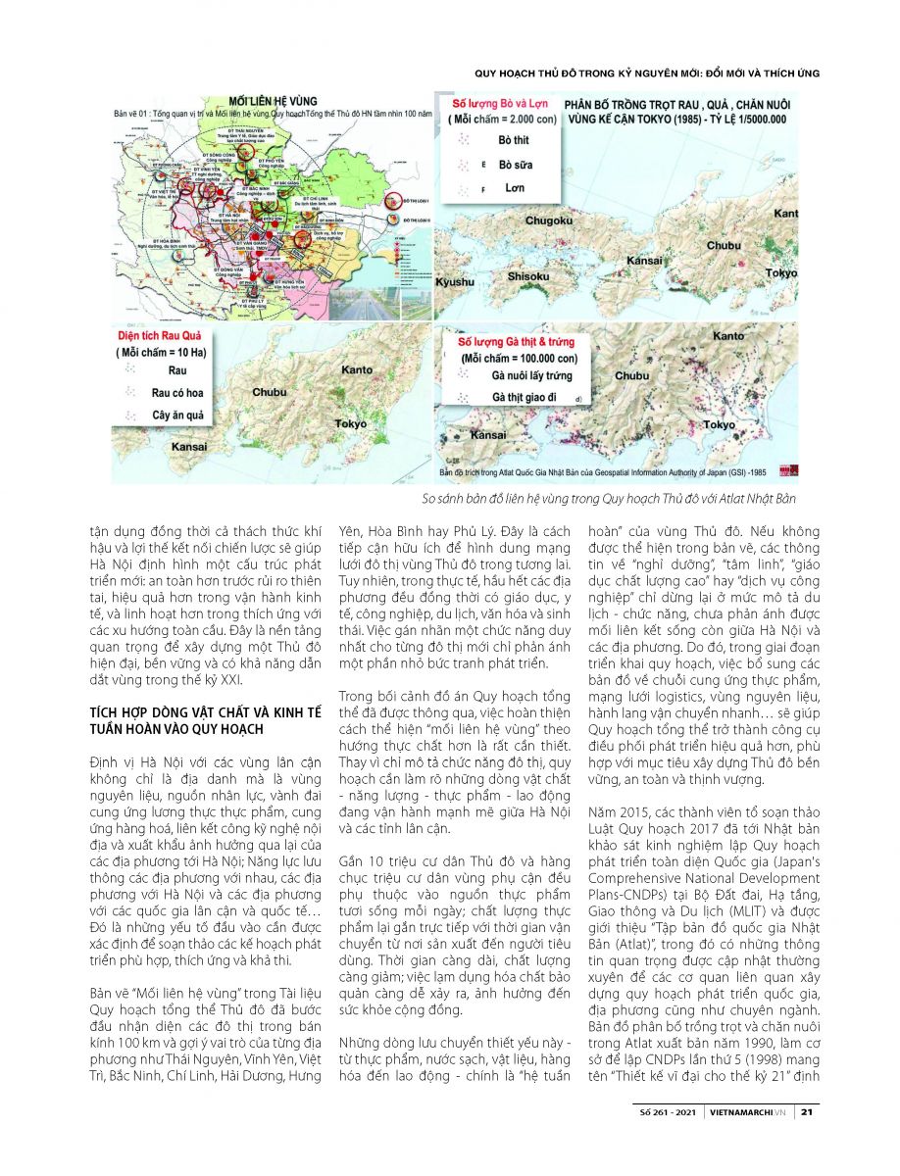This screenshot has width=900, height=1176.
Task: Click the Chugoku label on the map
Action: tap(548, 220)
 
